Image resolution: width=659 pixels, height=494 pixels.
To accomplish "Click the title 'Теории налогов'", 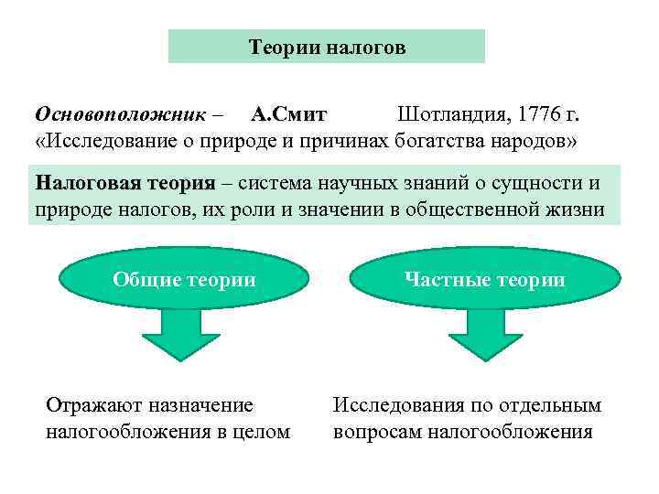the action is (327, 47).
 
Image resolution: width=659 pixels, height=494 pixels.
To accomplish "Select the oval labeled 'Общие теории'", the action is (184, 280).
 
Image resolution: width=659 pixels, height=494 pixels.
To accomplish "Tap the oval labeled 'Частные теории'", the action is (484, 280).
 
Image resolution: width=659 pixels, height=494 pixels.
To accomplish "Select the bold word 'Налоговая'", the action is (85, 182).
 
